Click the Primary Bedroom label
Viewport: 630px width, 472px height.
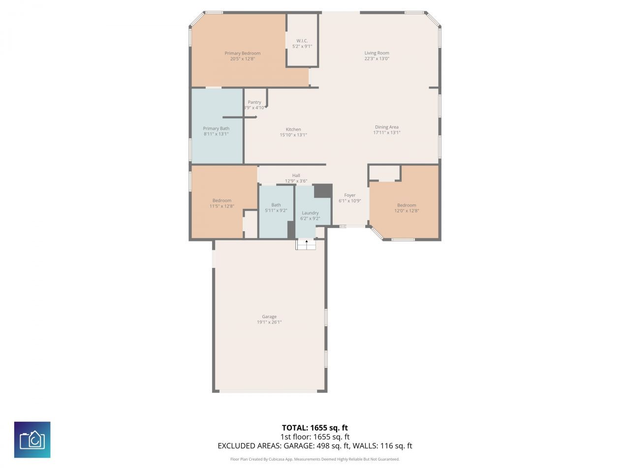(242, 53)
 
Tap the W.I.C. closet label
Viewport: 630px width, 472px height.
(302, 41)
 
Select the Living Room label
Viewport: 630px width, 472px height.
(377, 53)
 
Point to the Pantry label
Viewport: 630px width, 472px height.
(254, 102)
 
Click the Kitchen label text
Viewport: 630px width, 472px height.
(293, 129)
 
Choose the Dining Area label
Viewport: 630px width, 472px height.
(386, 127)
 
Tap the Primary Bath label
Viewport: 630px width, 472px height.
(216, 128)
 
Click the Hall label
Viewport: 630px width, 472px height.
(296, 176)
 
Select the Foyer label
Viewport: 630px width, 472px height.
(349, 195)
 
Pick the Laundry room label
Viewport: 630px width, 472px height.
(310, 213)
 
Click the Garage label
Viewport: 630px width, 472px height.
(269, 317)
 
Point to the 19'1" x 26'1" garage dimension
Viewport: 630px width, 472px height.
(269, 323)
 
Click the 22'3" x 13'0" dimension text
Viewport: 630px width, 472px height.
(377, 59)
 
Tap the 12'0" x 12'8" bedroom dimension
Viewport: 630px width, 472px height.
(407, 210)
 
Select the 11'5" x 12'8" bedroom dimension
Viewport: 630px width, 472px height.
(221, 206)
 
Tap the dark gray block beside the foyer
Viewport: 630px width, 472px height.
(323, 190)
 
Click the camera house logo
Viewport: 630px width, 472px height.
(32, 440)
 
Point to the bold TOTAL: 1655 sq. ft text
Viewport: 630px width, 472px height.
(315, 428)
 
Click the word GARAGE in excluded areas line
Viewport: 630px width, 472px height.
(300, 446)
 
